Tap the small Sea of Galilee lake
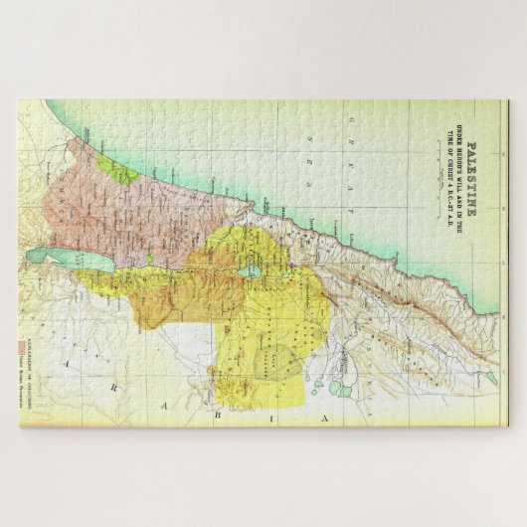254,269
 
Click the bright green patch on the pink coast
121,170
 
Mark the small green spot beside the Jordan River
149,260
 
